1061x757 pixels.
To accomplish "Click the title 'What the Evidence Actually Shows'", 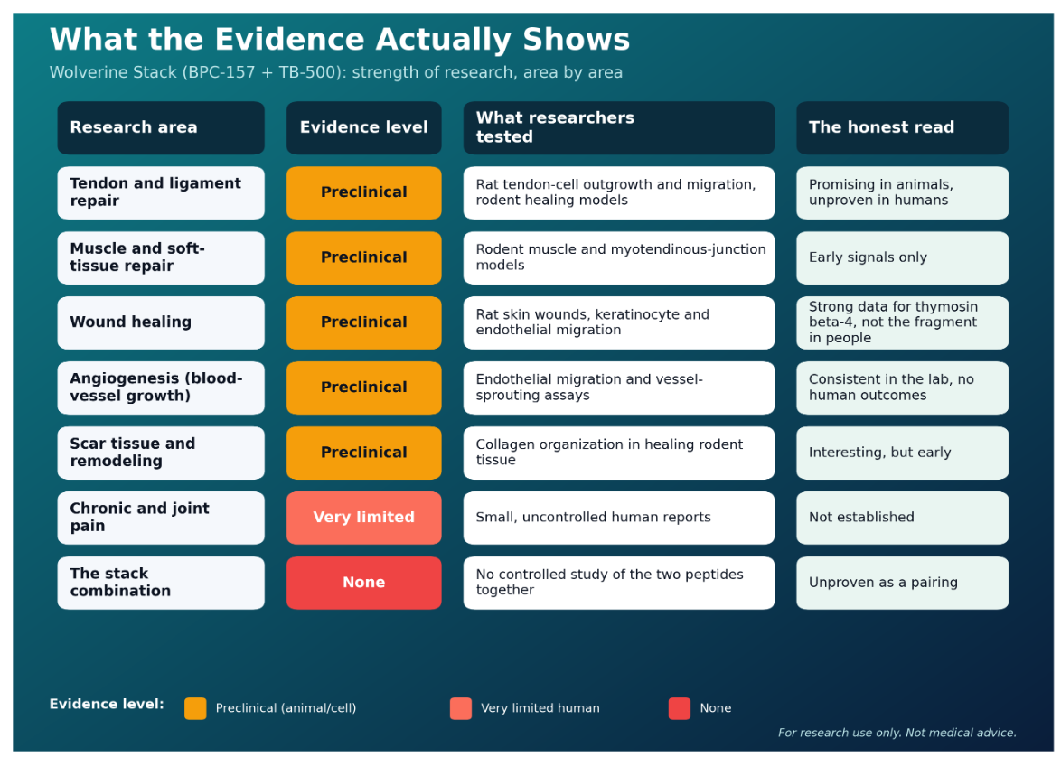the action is (x=340, y=39).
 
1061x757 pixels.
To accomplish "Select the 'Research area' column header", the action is (x=161, y=128).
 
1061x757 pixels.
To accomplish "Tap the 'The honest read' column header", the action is (x=902, y=128).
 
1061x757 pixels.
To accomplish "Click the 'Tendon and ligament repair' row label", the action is (x=161, y=192).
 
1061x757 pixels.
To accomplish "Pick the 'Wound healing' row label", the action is (x=161, y=322).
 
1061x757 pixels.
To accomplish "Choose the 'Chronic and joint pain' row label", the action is (x=161, y=518).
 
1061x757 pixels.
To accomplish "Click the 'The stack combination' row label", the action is (x=161, y=583).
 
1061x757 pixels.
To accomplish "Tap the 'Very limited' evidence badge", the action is (x=364, y=518).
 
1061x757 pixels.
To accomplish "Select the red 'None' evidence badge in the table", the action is (x=364, y=583).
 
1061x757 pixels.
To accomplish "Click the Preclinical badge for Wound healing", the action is (x=364, y=322).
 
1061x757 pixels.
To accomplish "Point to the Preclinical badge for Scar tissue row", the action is (x=364, y=453).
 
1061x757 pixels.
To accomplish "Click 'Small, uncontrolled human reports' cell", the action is (x=618, y=518).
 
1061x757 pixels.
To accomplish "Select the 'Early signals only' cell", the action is (x=902, y=257).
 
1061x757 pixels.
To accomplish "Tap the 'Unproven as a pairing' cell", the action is (x=902, y=583).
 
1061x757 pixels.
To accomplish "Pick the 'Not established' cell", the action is (x=902, y=518).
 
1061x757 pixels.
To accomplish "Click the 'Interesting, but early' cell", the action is (x=902, y=453).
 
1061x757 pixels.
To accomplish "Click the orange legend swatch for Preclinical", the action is (x=195, y=708).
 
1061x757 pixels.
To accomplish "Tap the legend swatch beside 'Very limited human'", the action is (x=461, y=708).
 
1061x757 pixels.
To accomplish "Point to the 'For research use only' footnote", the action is (x=897, y=733).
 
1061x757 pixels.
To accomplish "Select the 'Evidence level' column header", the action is (x=364, y=128).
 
